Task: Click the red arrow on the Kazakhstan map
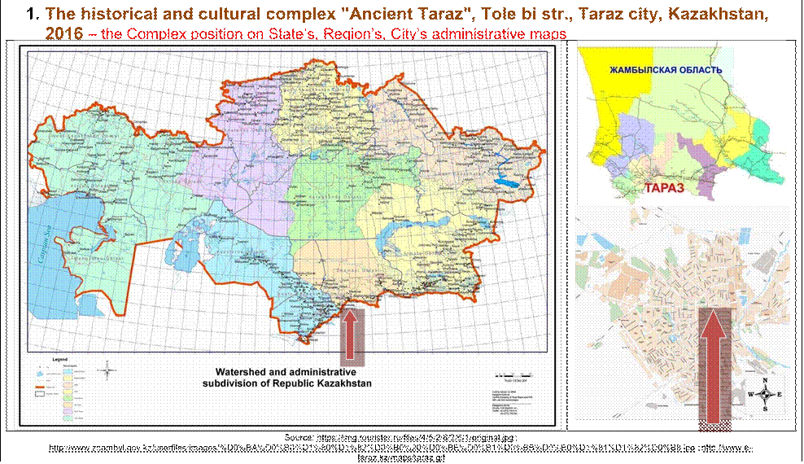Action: [x=351, y=335]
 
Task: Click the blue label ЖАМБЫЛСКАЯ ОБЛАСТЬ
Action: [x=666, y=71]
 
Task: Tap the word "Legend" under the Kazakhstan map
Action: [x=62, y=358]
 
